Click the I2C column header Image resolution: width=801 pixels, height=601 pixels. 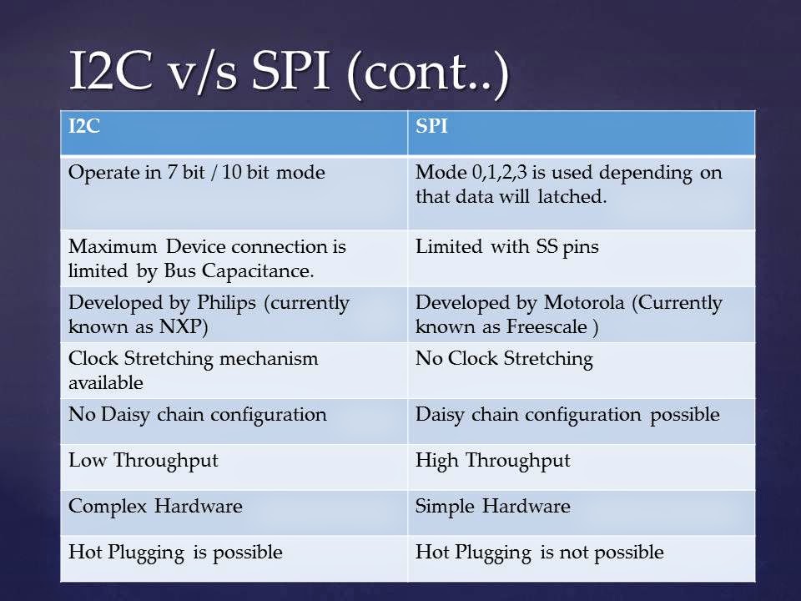point(84,126)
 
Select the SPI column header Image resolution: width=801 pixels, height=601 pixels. point(431,126)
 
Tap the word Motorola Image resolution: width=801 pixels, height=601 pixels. point(584,302)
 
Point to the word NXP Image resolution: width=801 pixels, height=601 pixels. point(184,326)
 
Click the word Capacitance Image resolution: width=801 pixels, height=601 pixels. point(258,271)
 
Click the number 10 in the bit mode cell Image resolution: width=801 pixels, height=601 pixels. point(231,173)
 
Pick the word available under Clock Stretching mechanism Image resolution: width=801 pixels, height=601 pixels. point(106,383)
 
